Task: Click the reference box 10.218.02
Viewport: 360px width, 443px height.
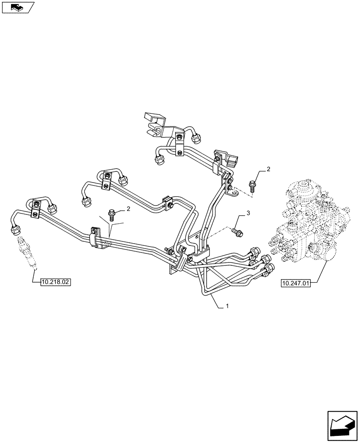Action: coord(55,282)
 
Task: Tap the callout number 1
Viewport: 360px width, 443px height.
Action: coord(227,306)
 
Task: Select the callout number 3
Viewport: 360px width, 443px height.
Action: coord(248,214)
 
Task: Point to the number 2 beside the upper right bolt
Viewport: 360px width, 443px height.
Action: coord(268,169)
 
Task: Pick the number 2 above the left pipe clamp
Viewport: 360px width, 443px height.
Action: coord(129,208)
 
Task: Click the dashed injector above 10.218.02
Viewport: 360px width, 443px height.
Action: coord(26,253)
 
